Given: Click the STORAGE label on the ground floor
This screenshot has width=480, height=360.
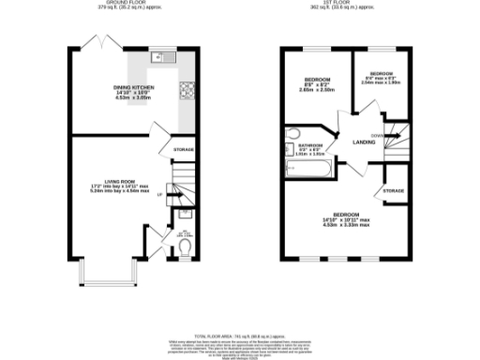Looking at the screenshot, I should [x=184, y=150].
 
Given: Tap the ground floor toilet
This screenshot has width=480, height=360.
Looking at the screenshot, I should [x=185, y=247].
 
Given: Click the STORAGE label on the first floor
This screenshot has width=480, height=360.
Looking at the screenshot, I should [x=393, y=192].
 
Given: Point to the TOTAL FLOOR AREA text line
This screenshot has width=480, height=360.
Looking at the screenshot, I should [x=240, y=335].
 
